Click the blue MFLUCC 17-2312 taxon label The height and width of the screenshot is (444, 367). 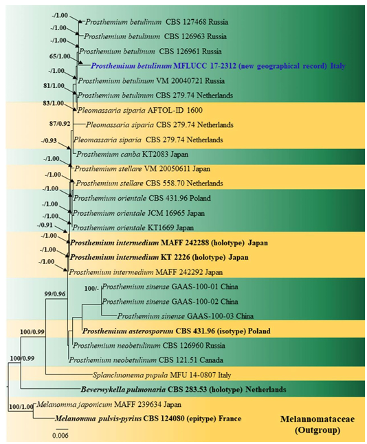218,66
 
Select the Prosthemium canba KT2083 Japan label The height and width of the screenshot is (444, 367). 132,155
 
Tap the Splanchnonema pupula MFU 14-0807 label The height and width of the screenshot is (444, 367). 162,375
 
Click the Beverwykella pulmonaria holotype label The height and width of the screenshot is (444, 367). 183,390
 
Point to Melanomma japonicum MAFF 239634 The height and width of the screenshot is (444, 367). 109,404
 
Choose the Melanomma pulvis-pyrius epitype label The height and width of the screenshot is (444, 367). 148,419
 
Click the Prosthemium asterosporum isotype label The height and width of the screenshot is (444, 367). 176,331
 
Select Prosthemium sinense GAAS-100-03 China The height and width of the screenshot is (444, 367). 186,316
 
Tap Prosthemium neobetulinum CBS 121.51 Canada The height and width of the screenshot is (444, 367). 146,360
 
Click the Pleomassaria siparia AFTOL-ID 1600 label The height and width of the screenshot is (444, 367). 140,110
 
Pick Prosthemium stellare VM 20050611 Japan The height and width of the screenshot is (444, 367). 142,169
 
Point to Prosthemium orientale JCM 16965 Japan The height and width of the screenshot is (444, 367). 139,213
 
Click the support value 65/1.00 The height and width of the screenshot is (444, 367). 60,56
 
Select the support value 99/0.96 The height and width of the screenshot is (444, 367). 55,294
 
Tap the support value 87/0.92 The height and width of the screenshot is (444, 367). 60,124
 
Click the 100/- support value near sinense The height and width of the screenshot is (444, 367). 91,289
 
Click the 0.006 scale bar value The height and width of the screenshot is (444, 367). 60,435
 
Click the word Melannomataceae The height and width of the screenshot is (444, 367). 318,419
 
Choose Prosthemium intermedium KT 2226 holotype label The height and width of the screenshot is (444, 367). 159,257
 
